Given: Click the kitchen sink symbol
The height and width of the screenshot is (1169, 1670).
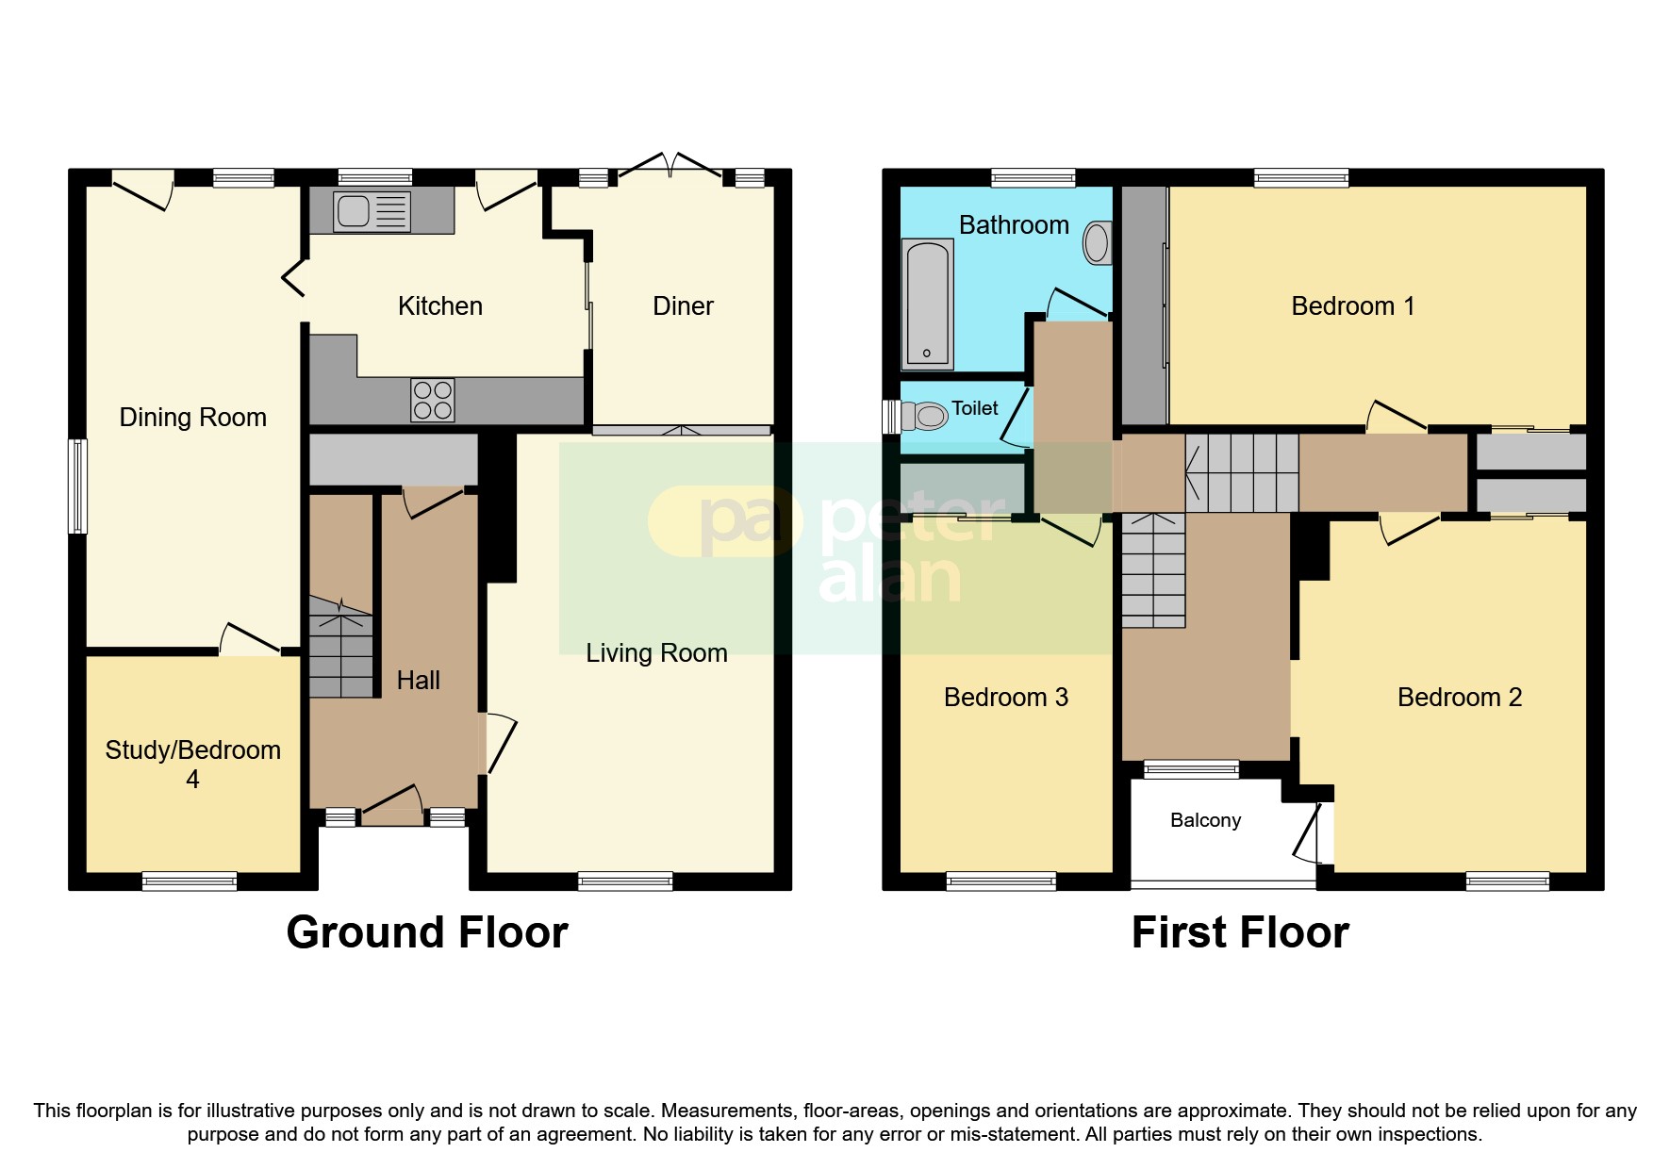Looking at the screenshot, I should click(372, 211).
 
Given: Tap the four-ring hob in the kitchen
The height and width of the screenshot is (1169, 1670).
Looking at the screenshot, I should click(433, 400).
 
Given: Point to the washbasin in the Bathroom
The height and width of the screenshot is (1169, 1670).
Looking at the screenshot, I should click(1097, 243).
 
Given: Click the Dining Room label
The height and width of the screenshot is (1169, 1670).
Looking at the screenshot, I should click(192, 418).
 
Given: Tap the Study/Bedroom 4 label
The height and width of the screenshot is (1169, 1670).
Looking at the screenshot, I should click(192, 764).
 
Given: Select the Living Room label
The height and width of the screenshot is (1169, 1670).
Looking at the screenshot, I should click(656, 653).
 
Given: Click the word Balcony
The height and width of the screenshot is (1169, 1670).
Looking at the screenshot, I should click(1205, 820).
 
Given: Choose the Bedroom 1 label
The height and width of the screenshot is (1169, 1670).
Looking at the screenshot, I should click(1352, 306).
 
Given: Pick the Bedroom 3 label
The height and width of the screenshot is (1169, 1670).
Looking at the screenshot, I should click(1005, 698).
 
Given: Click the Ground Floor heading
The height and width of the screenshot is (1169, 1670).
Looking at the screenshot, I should click(427, 932).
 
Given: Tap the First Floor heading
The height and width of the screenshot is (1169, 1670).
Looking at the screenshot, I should click(1240, 932).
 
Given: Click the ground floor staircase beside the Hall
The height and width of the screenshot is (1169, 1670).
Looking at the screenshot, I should click(340, 650).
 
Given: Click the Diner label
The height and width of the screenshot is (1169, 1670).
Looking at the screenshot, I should click(683, 306).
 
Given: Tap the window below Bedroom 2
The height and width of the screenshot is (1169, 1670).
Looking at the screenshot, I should click(1507, 881).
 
